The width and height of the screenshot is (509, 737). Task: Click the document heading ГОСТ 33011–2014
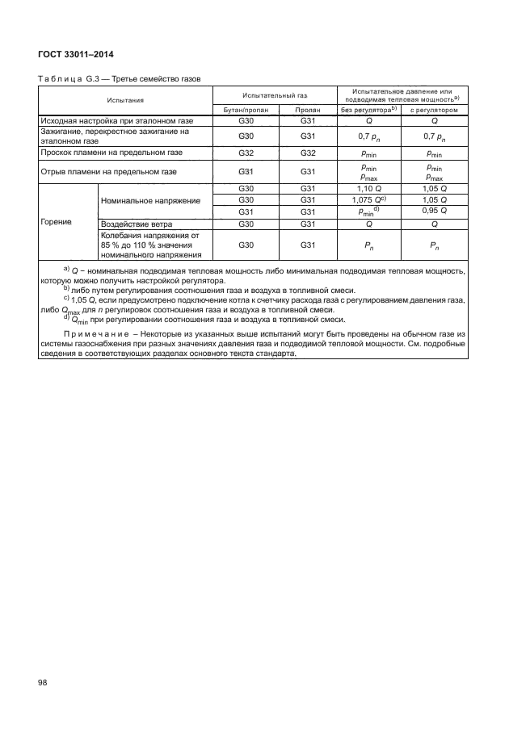coord(76,54)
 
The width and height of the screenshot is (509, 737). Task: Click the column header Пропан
coord(307,109)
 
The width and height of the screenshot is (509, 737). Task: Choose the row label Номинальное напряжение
coord(149,199)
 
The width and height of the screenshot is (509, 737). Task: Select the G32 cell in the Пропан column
coord(307,152)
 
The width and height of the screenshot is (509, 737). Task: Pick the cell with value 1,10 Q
coord(369,188)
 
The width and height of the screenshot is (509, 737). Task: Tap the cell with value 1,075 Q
coord(369,199)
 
